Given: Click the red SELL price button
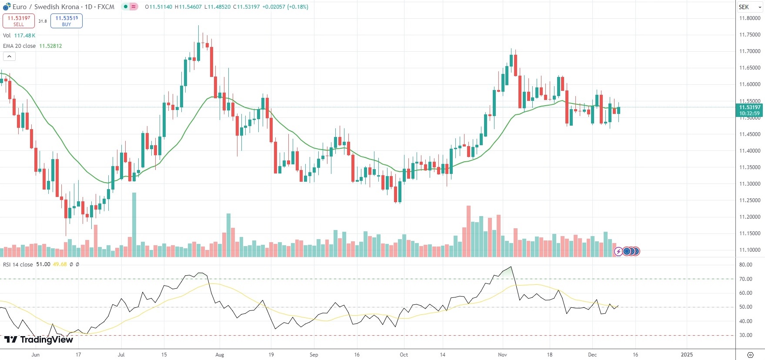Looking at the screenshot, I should point(19,21).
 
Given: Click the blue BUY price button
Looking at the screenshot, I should point(67,21).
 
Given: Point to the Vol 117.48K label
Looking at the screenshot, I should point(19,36).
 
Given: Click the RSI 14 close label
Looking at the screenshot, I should point(18,264).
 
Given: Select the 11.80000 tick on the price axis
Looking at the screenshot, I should point(750,18).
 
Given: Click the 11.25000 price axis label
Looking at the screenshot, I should point(750,200).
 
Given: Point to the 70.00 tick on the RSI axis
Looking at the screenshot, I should point(746,279).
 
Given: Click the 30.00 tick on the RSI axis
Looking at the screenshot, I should point(746,335).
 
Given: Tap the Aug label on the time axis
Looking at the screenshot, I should point(220,355).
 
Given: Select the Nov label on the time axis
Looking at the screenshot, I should point(502,355).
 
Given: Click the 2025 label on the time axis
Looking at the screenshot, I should point(687,355).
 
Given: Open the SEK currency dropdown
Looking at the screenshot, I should point(750,7).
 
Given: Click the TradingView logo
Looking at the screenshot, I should point(39,340).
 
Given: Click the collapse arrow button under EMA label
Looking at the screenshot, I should point(9,56).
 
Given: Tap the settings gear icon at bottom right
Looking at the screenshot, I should point(750,355).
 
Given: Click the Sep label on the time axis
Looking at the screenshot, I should point(314,355).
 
